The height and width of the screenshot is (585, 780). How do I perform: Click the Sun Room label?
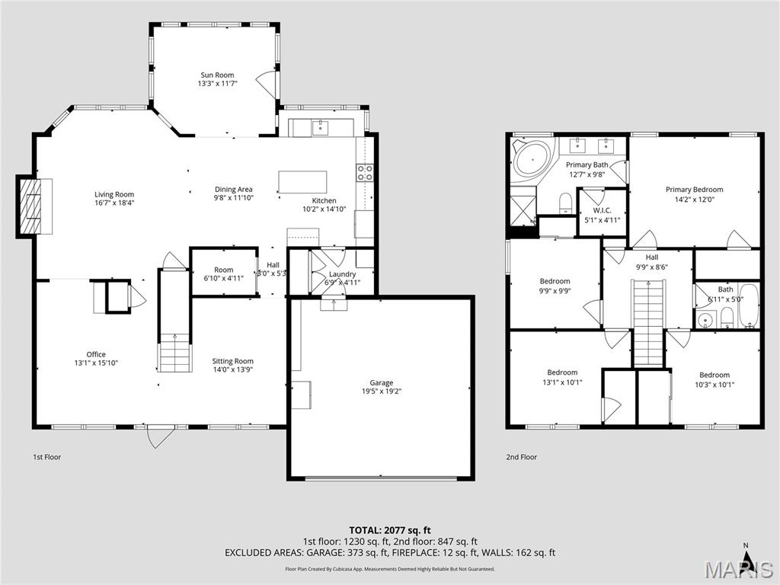click(x=217, y=75)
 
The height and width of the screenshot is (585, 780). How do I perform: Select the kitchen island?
click(x=302, y=181)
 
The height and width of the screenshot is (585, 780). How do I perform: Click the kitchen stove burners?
click(x=365, y=173)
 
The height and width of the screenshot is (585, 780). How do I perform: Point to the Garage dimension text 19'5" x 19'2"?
click(x=382, y=392)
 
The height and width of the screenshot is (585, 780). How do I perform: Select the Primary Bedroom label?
click(x=694, y=190)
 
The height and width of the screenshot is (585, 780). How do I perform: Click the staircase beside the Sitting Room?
click(x=174, y=353)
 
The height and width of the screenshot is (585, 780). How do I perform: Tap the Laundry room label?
click(x=342, y=274)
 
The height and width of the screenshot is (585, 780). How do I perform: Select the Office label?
click(x=96, y=354)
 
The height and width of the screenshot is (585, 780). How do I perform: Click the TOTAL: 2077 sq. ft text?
click(x=390, y=529)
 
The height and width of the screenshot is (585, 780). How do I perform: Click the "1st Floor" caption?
click(x=46, y=457)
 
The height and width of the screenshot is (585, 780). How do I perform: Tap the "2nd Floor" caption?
click(x=522, y=457)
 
